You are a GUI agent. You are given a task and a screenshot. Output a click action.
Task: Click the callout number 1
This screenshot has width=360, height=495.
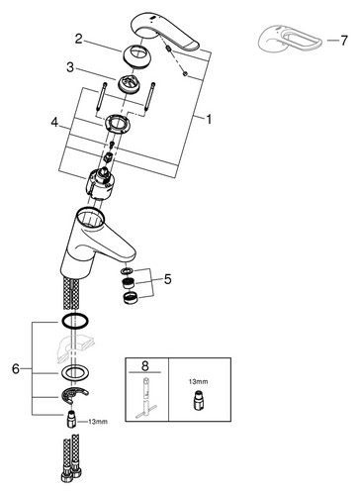(x=209, y=119)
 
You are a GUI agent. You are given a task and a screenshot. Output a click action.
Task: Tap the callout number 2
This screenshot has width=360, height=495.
(x=78, y=39)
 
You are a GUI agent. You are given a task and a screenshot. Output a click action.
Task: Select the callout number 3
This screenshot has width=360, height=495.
(x=70, y=67)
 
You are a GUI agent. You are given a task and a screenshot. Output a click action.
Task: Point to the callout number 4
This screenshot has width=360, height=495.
(x=54, y=123)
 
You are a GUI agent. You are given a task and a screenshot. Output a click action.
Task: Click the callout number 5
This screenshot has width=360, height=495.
(x=168, y=279)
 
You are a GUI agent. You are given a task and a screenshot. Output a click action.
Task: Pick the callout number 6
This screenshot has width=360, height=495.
(x=16, y=368)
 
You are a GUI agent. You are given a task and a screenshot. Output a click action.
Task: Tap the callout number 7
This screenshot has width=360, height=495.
(x=344, y=41)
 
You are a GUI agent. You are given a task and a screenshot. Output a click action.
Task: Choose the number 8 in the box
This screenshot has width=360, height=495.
(x=145, y=365)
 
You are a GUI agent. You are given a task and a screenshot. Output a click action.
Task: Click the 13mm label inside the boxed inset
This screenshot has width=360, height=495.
(x=198, y=381)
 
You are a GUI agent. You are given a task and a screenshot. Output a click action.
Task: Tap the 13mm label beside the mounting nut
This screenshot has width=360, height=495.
(x=98, y=422)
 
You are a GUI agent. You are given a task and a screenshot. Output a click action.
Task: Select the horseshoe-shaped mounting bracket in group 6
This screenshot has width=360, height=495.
(x=74, y=395)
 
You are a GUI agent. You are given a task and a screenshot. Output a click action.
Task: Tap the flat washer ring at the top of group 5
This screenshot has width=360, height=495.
(x=127, y=271)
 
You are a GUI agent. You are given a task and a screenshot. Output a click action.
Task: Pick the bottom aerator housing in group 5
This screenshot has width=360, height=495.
(x=131, y=297)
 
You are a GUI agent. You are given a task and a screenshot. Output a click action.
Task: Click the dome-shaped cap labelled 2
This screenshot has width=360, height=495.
(x=135, y=55)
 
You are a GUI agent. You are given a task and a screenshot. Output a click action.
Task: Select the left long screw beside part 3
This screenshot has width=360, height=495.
(x=101, y=97)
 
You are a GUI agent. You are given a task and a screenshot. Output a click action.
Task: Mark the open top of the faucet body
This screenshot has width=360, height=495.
(x=90, y=218)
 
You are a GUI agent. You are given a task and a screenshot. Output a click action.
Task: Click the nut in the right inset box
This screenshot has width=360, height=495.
(x=198, y=401)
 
